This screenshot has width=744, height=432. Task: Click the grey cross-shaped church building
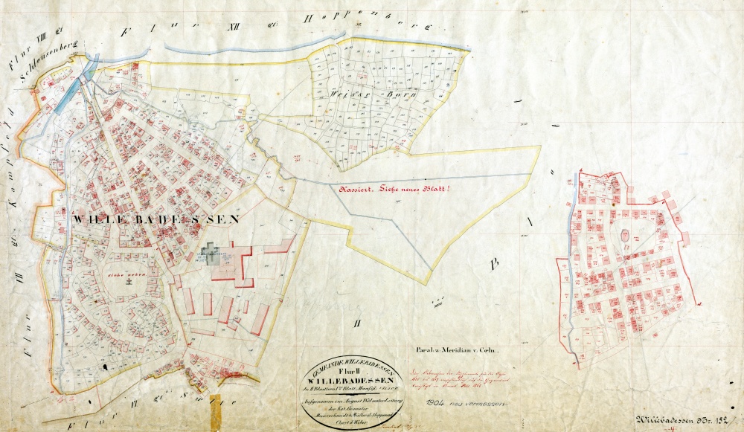point(214,254)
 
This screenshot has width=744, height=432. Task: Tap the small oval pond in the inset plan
point(626,236)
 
